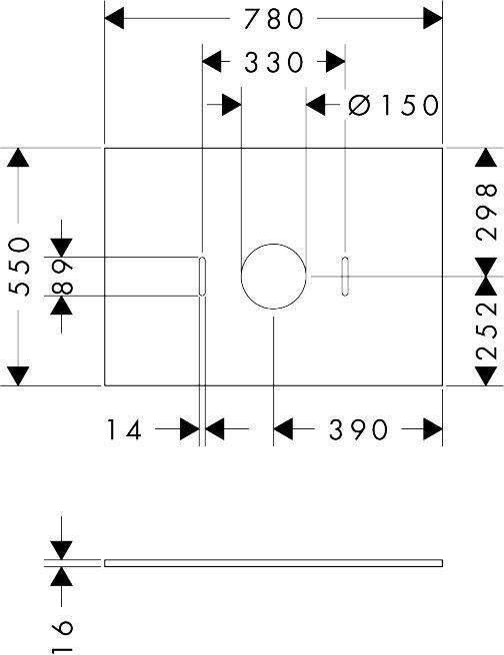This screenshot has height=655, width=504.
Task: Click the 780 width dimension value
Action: point(274,19)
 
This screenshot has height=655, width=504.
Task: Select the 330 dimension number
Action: point(274,63)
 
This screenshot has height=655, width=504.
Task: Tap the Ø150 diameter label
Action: point(394,105)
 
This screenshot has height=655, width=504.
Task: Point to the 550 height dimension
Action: point(20,266)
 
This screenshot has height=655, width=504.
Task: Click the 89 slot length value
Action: point(62,277)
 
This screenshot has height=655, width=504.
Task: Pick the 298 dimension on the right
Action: point(486,212)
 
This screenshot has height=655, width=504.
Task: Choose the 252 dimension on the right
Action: point(486,330)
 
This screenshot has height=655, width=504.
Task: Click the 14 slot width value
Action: point(125,429)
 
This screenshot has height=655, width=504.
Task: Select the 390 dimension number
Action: point(358,429)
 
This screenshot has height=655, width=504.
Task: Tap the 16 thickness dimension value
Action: point(62,634)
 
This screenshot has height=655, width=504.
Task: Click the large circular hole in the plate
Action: point(274,244)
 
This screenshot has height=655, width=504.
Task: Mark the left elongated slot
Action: point(202,277)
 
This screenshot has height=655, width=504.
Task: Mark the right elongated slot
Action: point(345,277)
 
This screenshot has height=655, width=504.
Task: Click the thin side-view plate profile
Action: point(274,563)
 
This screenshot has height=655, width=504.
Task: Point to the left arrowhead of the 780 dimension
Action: point(114,19)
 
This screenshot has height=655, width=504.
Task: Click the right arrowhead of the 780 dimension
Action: point(433,19)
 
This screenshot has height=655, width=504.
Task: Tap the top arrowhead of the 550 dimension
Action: point(18,158)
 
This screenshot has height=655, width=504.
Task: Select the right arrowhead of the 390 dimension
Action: point(433,429)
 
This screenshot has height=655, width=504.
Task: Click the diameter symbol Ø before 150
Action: point(359,105)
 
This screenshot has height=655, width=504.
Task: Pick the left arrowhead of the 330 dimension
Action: point(212,62)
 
